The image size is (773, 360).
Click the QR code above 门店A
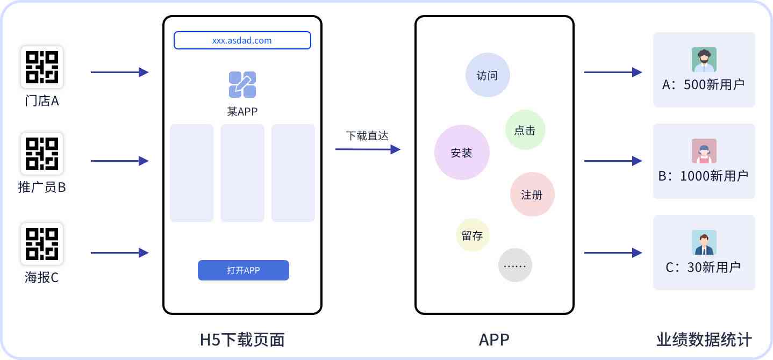(42, 67)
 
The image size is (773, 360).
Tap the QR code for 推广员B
(42, 154)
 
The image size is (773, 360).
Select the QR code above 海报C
(42, 244)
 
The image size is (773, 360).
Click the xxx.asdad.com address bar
(242, 40)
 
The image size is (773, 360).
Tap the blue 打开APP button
(244, 270)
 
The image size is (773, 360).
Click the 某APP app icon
(242, 84)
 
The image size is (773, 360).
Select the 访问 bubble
(488, 75)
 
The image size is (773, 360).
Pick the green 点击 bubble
(525, 129)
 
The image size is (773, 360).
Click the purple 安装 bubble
(462, 152)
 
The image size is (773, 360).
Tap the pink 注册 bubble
(532, 194)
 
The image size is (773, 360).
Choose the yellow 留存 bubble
(473, 235)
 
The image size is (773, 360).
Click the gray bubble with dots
(515, 265)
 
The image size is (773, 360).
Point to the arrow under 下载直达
(368, 149)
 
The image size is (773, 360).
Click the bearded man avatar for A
(704, 60)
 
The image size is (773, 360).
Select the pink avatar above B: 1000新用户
(704, 151)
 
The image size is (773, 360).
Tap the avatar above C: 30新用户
(704, 242)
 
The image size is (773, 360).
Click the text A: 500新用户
(703, 84)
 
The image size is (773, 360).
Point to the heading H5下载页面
(242, 340)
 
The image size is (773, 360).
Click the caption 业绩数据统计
(704, 340)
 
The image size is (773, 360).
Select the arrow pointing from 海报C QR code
(120, 253)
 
